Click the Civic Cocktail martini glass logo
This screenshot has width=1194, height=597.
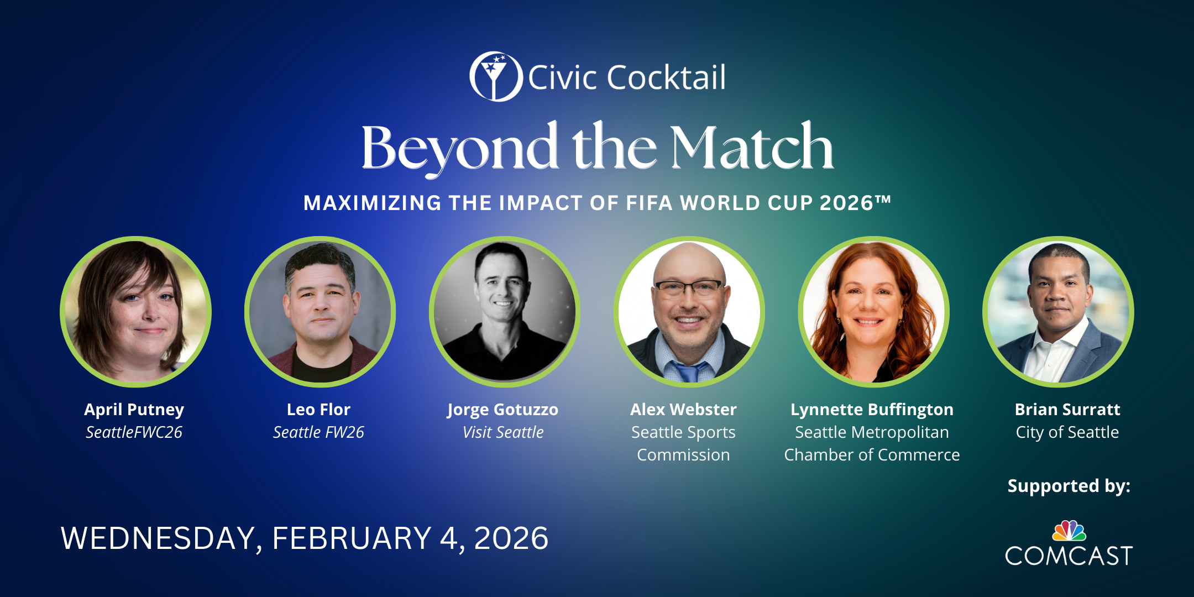pos(496,76)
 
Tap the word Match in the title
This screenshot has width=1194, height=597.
pos(752,147)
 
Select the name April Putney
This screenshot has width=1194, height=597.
pos(134,410)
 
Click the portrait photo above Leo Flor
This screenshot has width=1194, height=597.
pos(320,312)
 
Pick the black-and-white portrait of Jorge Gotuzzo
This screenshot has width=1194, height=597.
pos(504,312)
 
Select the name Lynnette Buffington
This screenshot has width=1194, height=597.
pos(872,410)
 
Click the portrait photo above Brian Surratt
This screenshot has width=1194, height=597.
pos(1058,312)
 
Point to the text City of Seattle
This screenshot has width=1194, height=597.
pos(1067,432)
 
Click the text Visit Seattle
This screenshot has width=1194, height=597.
pos(503,432)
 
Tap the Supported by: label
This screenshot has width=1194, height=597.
pos(1069,486)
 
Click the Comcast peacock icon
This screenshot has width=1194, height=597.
pos(1070,531)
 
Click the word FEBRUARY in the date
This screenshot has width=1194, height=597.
pos(352,538)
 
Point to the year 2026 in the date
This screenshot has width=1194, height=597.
pos(511,538)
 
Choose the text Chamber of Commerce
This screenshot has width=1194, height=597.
pos(872,455)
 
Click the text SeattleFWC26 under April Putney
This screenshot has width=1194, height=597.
pos(134,432)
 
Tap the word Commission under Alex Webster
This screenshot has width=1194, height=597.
pos(684,455)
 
